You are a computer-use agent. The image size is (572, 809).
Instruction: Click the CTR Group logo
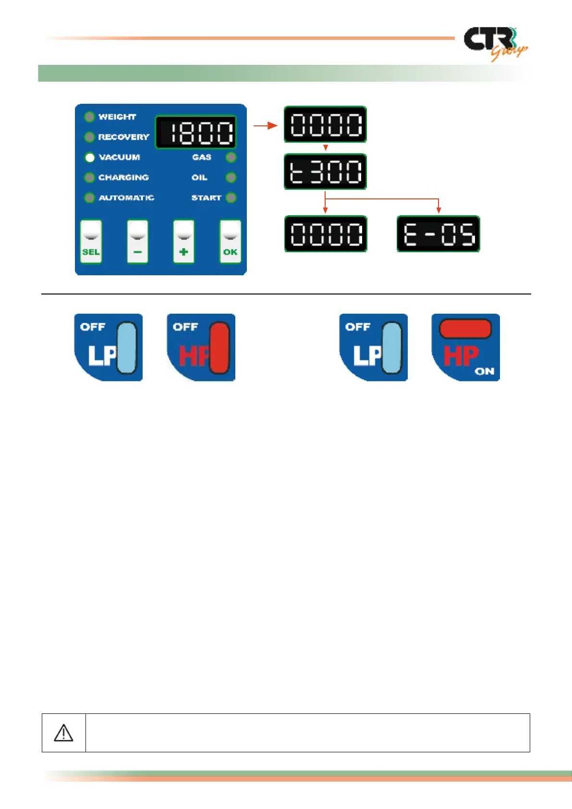[495, 43]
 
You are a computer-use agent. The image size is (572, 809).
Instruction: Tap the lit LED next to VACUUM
[90, 158]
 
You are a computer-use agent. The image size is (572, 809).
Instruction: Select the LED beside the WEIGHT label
[89, 117]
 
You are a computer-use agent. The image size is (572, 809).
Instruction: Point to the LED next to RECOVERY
[89, 137]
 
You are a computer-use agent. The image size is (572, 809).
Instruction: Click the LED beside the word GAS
[231, 158]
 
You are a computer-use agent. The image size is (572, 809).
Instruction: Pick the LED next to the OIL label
[231, 178]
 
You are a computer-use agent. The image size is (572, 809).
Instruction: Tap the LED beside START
[231, 197]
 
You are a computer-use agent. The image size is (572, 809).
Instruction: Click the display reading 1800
[195, 132]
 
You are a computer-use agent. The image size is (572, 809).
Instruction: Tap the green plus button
[184, 242]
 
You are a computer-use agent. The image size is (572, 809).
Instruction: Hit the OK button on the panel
[230, 242]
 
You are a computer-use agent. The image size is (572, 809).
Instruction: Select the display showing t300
[325, 172]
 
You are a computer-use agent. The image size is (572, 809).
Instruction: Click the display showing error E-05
[438, 234]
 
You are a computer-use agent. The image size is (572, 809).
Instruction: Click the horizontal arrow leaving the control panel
[266, 126]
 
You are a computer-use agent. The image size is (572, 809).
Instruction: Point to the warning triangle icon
[63, 733]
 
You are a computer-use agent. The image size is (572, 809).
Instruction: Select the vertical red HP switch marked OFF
[219, 348]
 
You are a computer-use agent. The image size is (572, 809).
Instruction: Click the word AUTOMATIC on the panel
[126, 198]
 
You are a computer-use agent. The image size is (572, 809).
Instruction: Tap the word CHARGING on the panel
[123, 178]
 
